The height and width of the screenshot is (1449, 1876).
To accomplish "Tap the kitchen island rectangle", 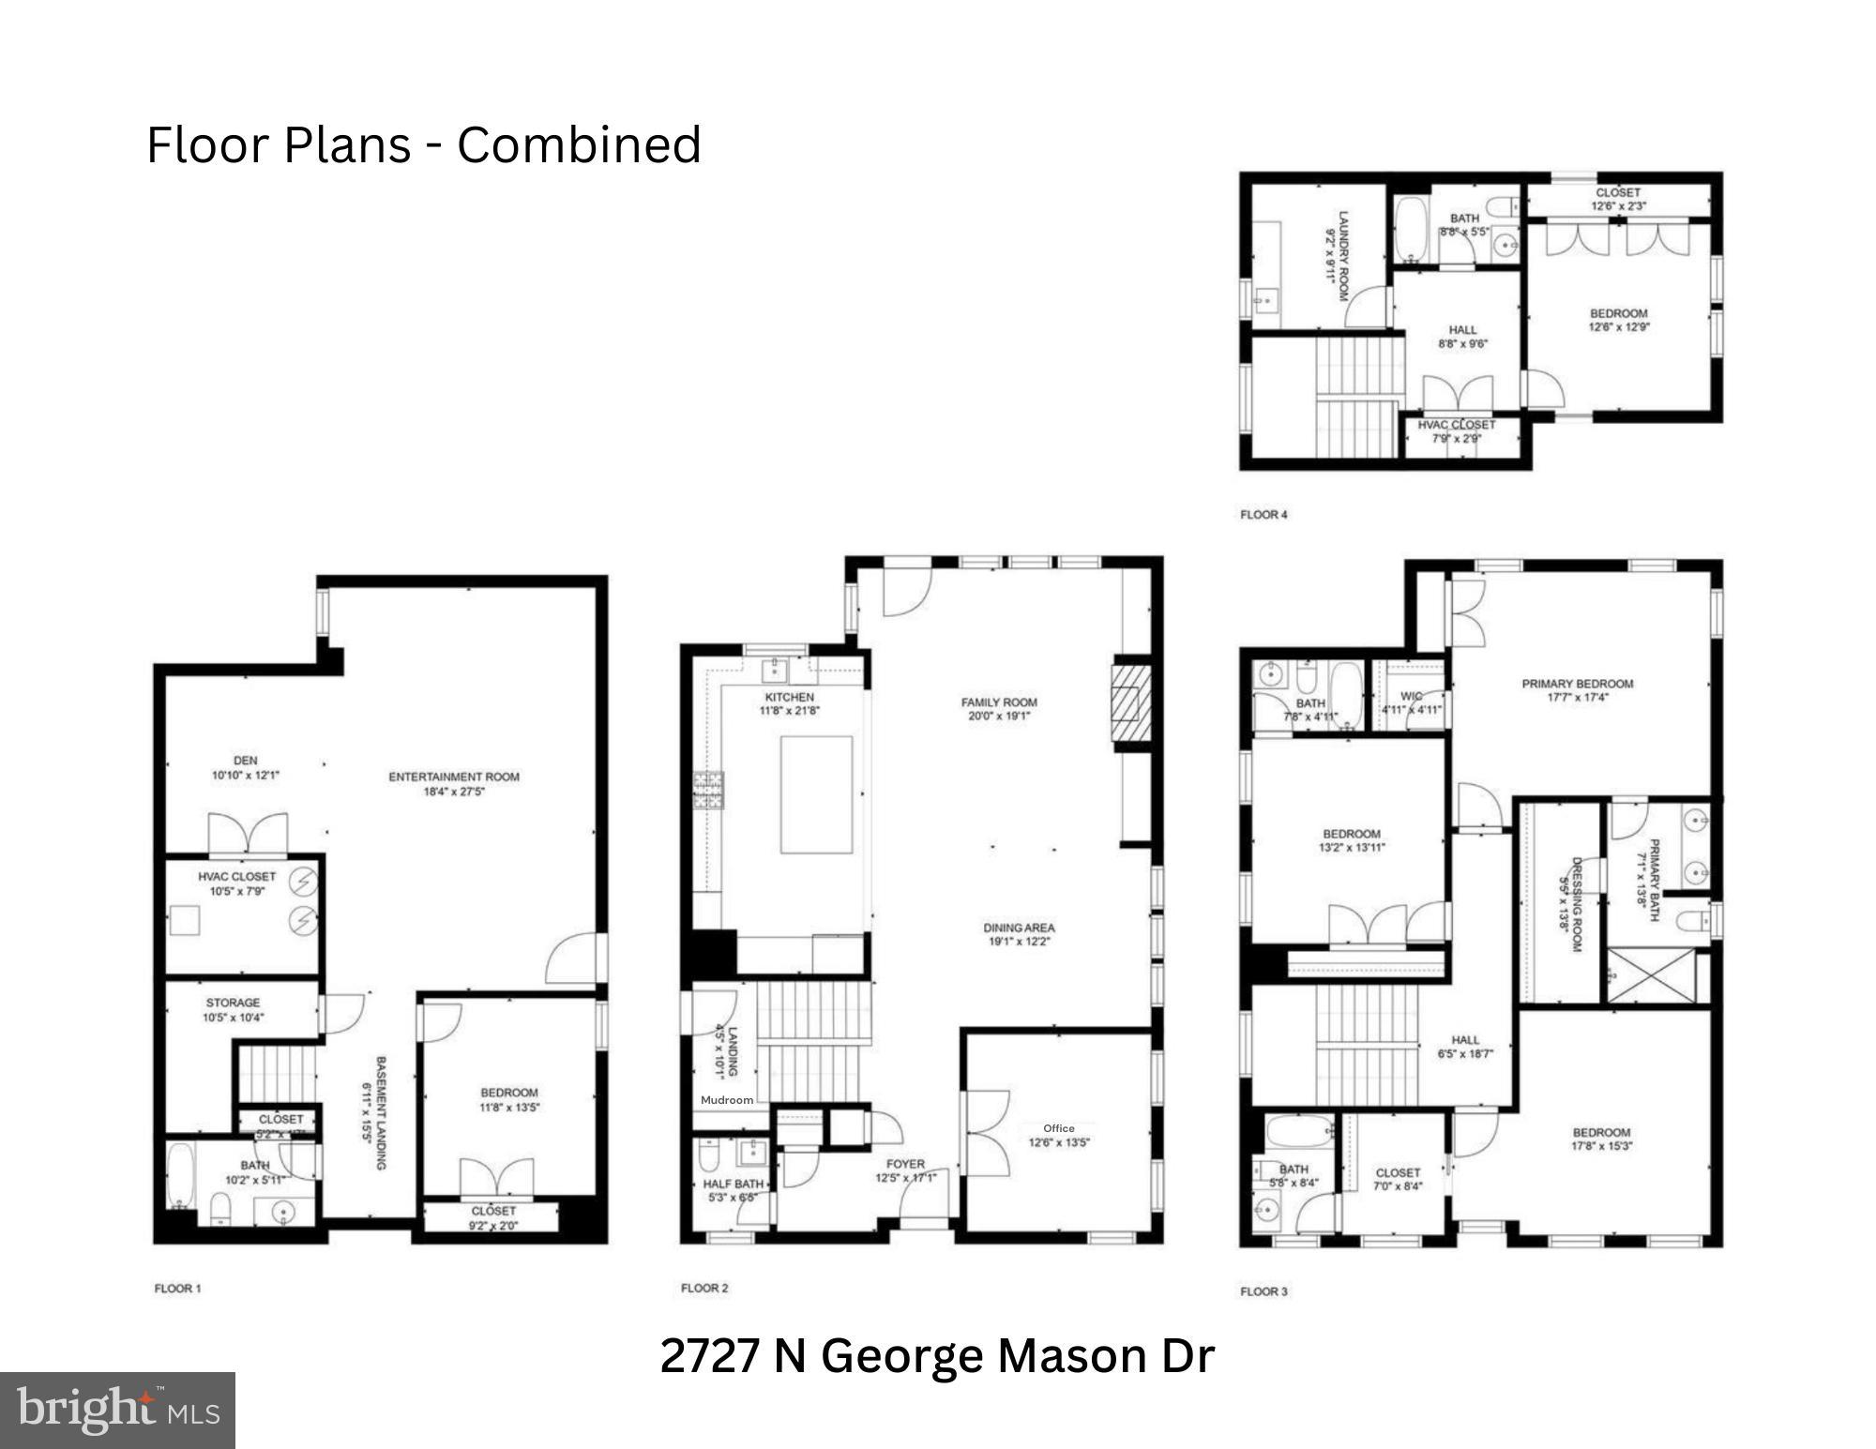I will [x=816, y=794].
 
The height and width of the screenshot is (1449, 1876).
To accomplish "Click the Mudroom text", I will [x=727, y=1099].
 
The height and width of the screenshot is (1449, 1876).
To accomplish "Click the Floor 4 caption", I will [x=1263, y=514].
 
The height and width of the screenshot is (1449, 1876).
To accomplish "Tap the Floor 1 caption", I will [x=177, y=1289].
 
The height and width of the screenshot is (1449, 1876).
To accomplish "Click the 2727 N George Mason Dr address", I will [x=937, y=1356].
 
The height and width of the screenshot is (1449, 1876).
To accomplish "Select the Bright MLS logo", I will [x=117, y=1411].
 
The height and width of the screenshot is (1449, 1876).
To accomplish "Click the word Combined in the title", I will [x=579, y=145].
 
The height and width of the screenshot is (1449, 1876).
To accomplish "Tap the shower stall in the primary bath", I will [x=1652, y=976].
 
